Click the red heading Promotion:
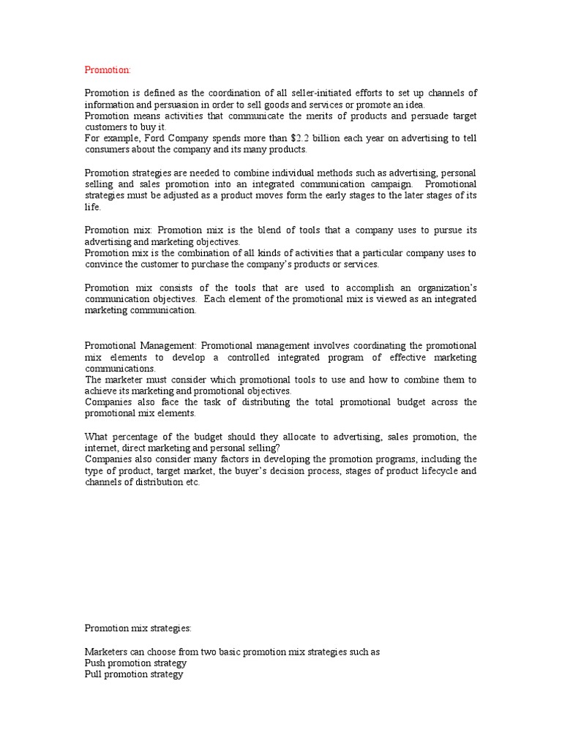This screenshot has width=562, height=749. pyautogui.click(x=108, y=69)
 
